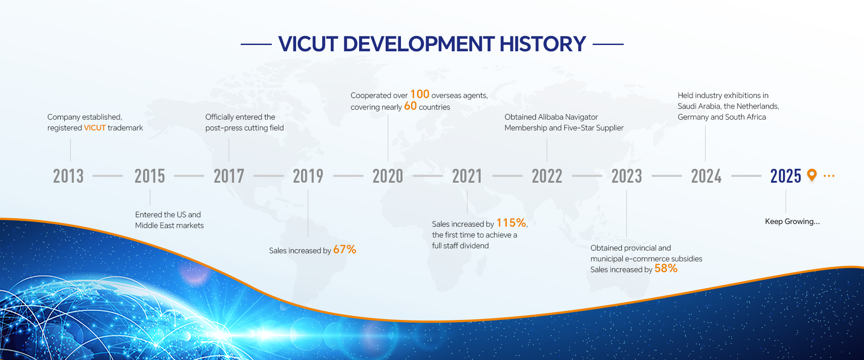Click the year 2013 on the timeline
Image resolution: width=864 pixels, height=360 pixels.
click(68, 176)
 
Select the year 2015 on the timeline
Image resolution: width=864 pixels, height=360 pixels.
click(150, 176)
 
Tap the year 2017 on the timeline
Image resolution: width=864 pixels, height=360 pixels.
click(229, 176)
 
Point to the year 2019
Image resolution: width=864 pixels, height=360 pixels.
click(308, 176)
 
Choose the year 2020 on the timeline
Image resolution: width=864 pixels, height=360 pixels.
click(388, 176)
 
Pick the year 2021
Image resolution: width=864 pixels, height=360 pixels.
click(467, 176)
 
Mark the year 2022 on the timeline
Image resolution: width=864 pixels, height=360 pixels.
click(547, 176)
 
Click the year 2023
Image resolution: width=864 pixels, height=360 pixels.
click(627, 176)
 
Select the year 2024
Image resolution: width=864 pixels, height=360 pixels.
click(706, 176)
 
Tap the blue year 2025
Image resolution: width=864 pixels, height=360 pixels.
click(786, 176)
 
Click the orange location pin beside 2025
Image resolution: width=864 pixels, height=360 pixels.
click(812, 175)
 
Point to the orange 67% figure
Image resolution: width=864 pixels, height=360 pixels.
click(345, 249)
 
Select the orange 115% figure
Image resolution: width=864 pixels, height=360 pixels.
click(511, 223)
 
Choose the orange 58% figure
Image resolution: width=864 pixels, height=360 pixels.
click(666, 268)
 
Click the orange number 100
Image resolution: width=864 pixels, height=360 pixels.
click(420, 94)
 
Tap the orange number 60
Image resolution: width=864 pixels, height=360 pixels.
click(410, 106)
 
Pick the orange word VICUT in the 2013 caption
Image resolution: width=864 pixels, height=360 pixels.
click(95, 128)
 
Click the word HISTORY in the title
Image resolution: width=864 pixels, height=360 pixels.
click(543, 44)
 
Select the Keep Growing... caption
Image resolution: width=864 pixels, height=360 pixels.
click(792, 221)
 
